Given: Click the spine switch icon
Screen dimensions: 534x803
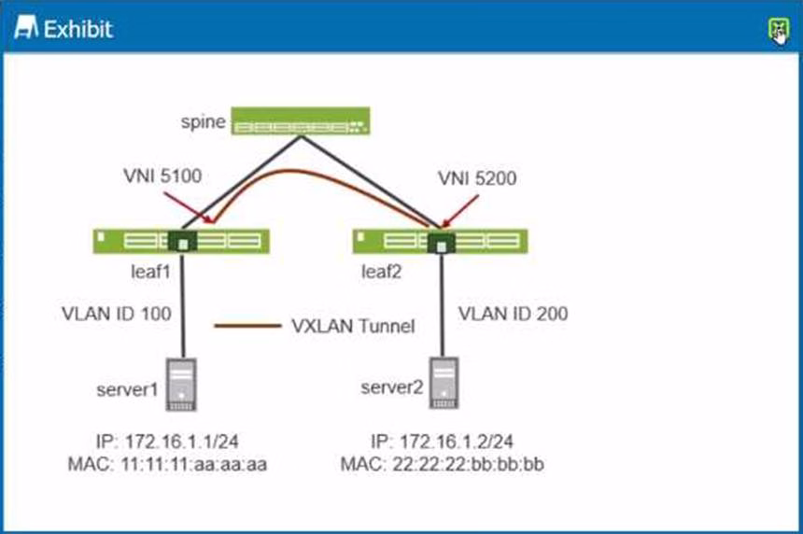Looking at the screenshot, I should click(302, 122).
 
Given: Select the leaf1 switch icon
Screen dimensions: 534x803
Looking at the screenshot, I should click(181, 242).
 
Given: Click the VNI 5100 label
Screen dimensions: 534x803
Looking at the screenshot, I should click(161, 175).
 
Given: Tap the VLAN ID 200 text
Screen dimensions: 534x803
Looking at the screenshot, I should click(513, 314).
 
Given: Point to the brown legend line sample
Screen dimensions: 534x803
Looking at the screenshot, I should click(247, 326).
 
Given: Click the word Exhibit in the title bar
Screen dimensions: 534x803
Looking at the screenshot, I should click(77, 29).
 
